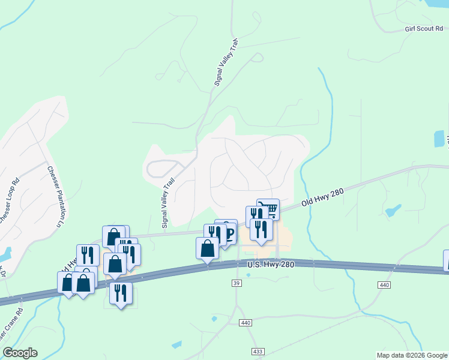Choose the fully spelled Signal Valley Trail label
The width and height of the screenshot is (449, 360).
[168, 203]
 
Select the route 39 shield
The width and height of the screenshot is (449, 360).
[237, 281]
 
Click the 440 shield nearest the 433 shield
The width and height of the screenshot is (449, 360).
[245, 323]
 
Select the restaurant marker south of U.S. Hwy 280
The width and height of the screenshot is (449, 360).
[121, 293]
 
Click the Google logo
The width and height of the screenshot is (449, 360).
[20, 353]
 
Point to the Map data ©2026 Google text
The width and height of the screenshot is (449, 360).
[412, 355]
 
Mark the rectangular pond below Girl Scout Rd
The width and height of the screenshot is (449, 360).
[439, 139]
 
